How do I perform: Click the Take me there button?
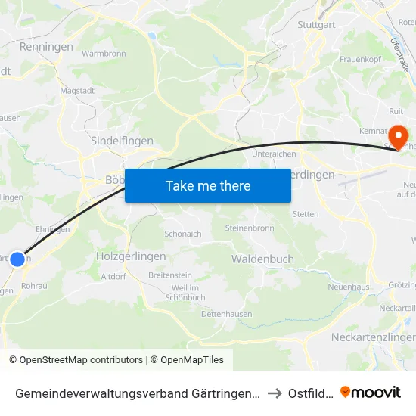(x=208, y=185)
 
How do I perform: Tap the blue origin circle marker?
(x=17, y=259)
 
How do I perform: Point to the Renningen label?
(x=46, y=47)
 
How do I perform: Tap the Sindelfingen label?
(x=122, y=141)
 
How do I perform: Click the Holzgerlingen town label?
(x=131, y=256)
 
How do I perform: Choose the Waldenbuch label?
(x=262, y=259)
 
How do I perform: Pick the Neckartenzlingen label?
(x=374, y=337)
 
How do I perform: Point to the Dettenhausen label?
(x=227, y=314)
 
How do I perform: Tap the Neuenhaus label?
(x=347, y=287)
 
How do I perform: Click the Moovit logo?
(x=371, y=393)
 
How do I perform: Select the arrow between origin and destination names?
(x=275, y=393)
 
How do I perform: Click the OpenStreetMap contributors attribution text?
(x=76, y=360)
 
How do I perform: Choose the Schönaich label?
(x=183, y=234)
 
